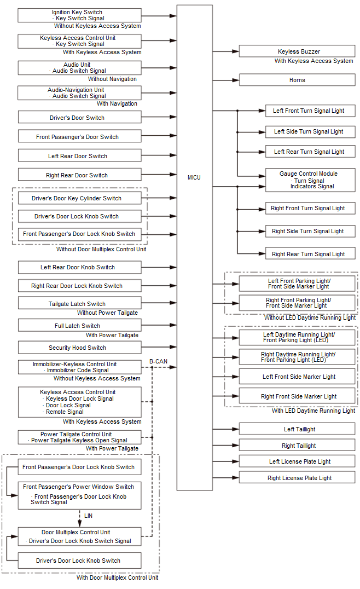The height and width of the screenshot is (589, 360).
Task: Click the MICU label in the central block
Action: [x=194, y=177]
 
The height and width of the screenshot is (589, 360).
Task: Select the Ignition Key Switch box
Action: [x=79, y=15]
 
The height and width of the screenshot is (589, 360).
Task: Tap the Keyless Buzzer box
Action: [x=297, y=51]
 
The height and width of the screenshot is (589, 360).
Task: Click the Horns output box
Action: [x=297, y=80]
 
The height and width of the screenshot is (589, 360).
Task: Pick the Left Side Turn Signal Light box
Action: [x=310, y=131]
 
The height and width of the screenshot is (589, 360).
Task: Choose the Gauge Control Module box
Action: [x=310, y=180]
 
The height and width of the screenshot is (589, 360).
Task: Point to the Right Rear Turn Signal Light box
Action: [x=310, y=254]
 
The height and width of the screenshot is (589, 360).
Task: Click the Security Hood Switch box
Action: [x=79, y=348]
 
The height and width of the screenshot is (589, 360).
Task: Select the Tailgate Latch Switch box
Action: [x=79, y=303]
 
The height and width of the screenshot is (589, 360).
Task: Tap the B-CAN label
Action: [x=158, y=361]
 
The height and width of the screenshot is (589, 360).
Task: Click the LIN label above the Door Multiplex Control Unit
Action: [x=89, y=516]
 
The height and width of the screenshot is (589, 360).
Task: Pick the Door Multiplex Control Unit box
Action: [x=79, y=536]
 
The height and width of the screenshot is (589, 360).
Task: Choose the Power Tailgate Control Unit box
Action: [x=79, y=437]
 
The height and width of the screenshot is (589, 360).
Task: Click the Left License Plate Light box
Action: [x=297, y=461]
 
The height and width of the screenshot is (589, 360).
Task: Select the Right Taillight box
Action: [x=297, y=446]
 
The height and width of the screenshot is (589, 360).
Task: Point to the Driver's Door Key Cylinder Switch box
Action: [x=79, y=198]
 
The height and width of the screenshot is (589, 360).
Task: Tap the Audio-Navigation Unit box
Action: [x=79, y=93]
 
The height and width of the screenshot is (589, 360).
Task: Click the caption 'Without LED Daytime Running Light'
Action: [x=310, y=317]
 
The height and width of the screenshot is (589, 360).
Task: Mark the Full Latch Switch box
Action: [x=79, y=326]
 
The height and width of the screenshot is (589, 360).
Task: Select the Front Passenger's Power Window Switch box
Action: [x=79, y=495]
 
